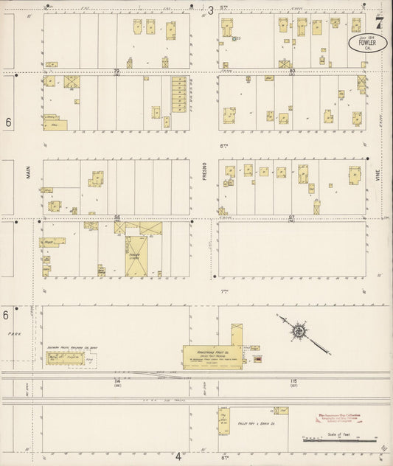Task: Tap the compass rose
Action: pyautogui.click(x=299, y=332)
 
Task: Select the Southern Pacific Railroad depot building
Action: pyautogui.click(x=65, y=358)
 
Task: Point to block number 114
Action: pyautogui.click(x=116, y=380)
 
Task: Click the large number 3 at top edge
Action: pyautogui.click(x=210, y=10)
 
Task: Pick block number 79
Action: pyautogui.click(x=116, y=72)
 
